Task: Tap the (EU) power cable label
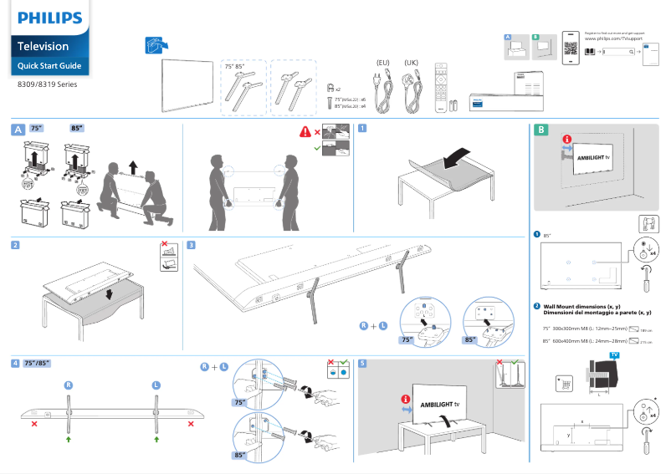point(384,63)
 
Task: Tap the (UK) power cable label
point(411,63)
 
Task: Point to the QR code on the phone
point(571,48)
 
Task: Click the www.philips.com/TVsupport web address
point(612,38)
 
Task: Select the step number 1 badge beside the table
point(362,129)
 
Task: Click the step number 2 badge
point(16,245)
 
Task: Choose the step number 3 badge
point(192,245)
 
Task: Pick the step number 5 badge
point(362,364)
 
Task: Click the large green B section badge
point(541,130)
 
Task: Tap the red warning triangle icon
point(305,131)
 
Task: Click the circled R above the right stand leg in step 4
point(69,385)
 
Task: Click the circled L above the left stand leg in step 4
point(156,385)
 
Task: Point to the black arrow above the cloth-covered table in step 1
point(458,156)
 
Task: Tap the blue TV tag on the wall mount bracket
point(615,355)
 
